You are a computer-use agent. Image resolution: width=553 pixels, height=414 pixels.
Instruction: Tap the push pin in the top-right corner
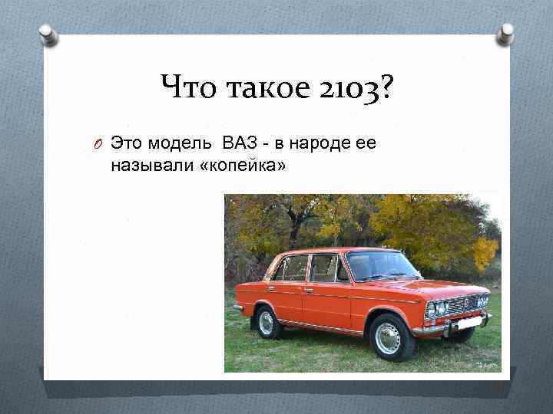506,32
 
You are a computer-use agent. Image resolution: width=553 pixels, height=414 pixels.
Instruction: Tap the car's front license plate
466,324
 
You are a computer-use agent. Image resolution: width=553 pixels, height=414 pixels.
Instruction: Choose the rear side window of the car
292,268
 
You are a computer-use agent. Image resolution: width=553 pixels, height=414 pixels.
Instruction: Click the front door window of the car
327,268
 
